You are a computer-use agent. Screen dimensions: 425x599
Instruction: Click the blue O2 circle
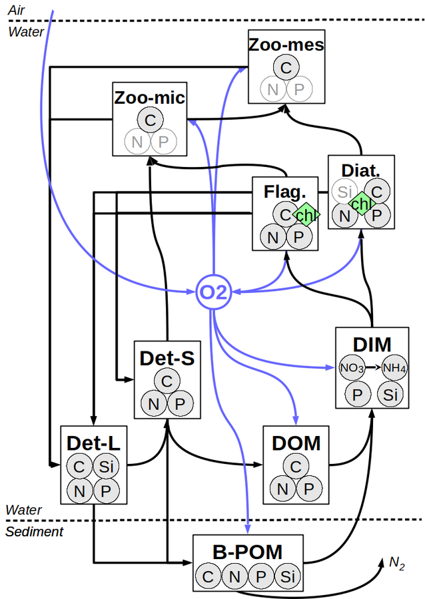click(x=214, y=292)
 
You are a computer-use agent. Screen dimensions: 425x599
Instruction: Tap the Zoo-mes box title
click(x=286, y=45)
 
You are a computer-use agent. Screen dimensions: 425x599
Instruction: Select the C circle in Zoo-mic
click(x=150, y=120)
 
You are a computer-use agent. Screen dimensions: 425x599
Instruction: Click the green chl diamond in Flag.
click(x=306, y=215)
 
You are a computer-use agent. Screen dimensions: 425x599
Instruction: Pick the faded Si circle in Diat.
click(x=344, y=192)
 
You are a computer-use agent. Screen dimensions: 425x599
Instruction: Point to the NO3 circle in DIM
click(x=352, y=367)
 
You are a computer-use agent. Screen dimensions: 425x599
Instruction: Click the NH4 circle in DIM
click(x=394, y=367)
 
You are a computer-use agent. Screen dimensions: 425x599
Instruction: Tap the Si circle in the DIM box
click(x=390, y=394)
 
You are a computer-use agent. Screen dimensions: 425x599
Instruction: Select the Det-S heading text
click(x=167, y=358)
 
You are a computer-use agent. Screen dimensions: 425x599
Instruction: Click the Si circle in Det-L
click(x=106, y=467)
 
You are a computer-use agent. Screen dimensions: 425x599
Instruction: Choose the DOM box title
click(x=296, y=443)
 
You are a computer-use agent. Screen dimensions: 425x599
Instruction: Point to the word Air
click(x=16, y=10)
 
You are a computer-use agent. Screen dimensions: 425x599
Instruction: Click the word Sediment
click(x=35, y=531)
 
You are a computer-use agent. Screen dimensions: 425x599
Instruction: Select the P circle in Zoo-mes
click(x=299, y=89)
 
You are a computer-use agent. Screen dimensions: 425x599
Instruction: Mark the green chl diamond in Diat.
click(x=361, y=203)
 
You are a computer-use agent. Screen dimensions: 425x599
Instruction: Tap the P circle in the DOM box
click(x=308, y=489)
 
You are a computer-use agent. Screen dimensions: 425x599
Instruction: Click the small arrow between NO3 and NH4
click(x=373, y=367)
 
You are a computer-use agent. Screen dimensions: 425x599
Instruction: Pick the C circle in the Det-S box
click(x=167, y=381)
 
